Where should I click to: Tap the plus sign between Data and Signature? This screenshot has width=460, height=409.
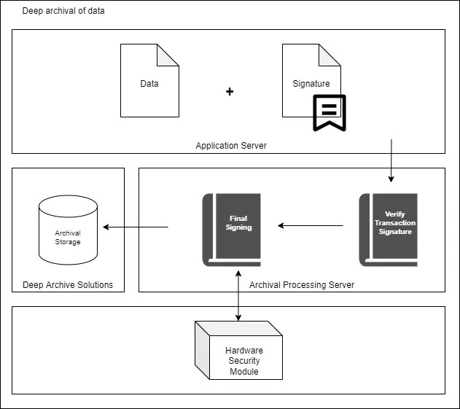[x=230, y=92]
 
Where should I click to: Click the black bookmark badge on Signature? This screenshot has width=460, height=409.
[x=329, y=112]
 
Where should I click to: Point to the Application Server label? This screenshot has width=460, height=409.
[x=231, y=146]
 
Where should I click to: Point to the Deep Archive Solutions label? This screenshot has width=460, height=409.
[x=68, y=284]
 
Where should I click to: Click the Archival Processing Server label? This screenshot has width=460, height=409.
[x=302, y=284]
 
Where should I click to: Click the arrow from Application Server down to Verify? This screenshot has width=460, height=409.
[x=391, y=160]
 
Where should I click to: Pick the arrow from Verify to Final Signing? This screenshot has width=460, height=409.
[x=311, y=226]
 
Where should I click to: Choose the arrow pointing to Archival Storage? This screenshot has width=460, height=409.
[x=136, y=227]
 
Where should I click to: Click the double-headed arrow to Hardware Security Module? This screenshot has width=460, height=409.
[x=238, y=295]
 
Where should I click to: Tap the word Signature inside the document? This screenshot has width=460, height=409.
[x=311, y=84]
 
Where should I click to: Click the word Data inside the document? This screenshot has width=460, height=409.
[x=149, y=84]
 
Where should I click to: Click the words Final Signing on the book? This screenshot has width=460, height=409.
[x=239, y=222]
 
